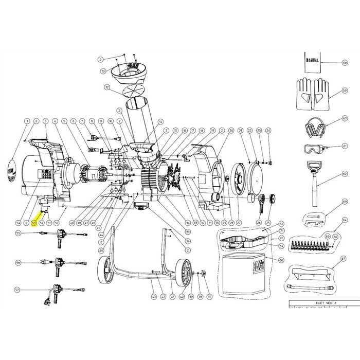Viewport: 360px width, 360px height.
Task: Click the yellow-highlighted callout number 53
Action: pyautogui.click(x=33, y=223)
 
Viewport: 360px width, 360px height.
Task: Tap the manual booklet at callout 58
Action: pyautogui.click(x=312, y=60)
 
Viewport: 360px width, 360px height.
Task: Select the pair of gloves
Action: pyautogui.click(x=312, y=94)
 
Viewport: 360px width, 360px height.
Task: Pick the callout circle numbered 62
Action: pyautogui.click(x=345, y=174)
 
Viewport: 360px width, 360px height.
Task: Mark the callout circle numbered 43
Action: pyautogui.click(x=153, y=297)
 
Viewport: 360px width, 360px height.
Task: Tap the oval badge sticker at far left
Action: pyautogui.click(x=13, y=168)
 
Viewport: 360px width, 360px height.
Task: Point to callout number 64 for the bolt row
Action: pyautogui.click(x=345, y=220)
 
